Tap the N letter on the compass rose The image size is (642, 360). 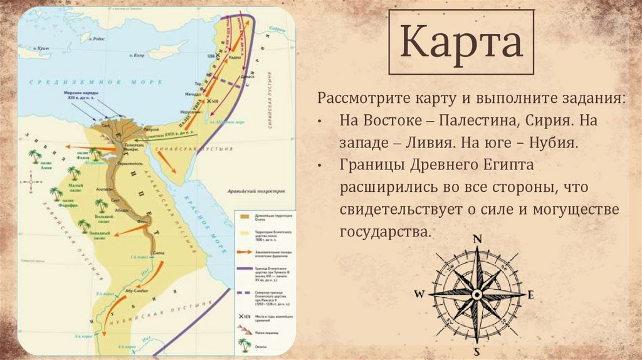click(x=476, y=238)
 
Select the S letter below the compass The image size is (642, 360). click(x=476, y=351)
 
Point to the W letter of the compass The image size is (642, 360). click(x=420, y=294)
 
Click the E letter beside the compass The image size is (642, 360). click(x=530, y=294)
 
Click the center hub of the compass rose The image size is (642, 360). click(x=476, y=294)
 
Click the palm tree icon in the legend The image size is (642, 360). click(x=243, y=345)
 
